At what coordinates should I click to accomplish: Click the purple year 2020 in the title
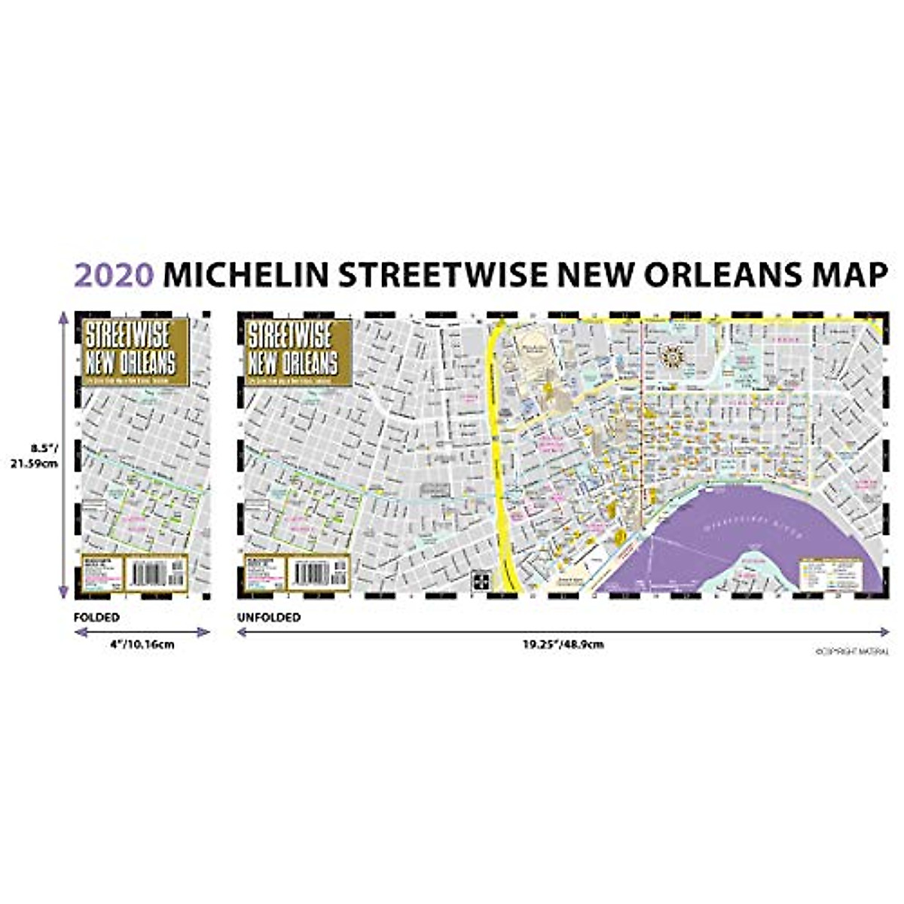(x=114, y=276)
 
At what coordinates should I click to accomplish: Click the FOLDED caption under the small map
(x=96, y=617)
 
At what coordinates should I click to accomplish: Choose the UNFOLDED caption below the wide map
(x=269, y=617)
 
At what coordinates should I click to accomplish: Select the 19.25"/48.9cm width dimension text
(x=563, y=645)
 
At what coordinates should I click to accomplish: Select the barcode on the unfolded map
(x=310, y=573)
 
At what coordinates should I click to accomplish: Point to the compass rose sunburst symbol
(x=671, y=353)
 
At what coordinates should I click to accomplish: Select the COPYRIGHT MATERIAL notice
(x=852, y=652)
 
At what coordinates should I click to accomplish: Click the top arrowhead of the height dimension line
(x=63, y=319)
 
